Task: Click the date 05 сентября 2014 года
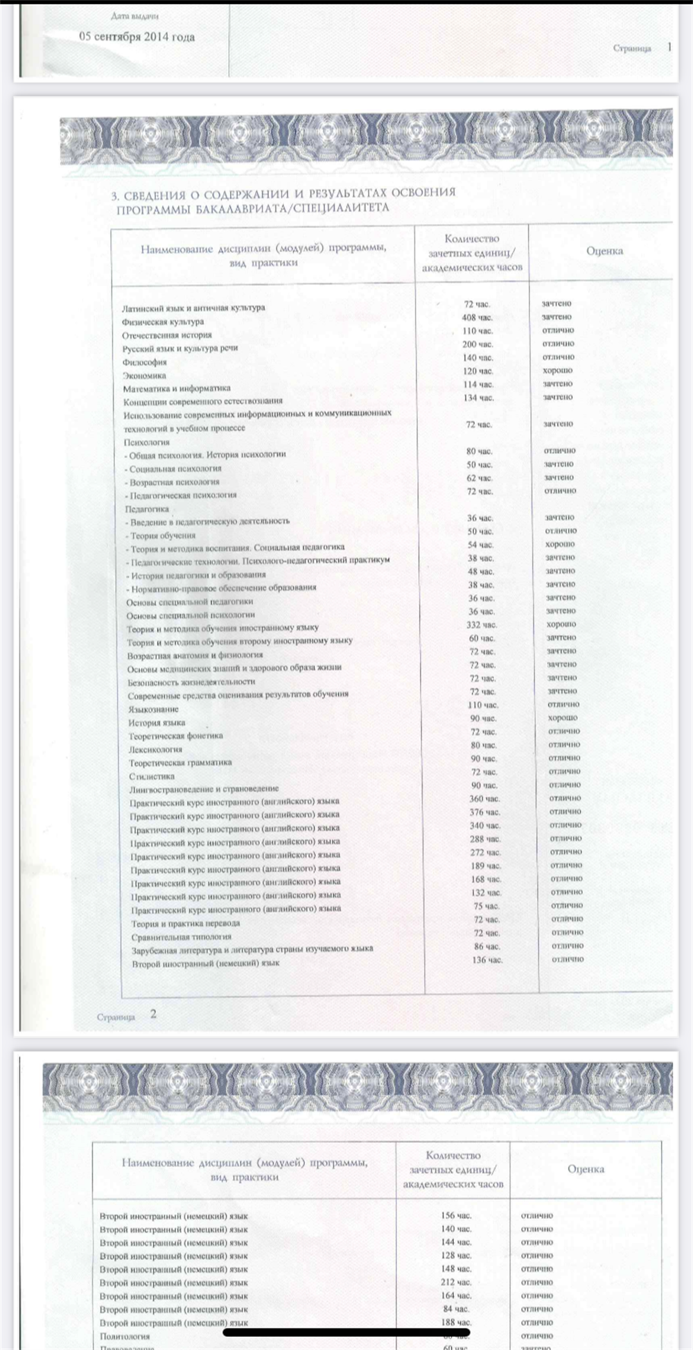tap(137, 37)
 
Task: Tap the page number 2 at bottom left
tap(153, 1014)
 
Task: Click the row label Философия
tap(145, 362)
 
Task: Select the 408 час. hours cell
tap(477, 317)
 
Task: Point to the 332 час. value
tap(482, 625)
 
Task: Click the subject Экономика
tap(145, 376)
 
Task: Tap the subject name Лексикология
tap(155, 749)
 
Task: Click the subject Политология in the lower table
tap(125, 1336)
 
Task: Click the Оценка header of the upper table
tap(604, 251)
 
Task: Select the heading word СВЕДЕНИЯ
tap(156, 195)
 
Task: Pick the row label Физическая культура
tap(163, 322)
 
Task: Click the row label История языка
tap(157, 723)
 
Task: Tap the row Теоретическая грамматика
tap(180, 762)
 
